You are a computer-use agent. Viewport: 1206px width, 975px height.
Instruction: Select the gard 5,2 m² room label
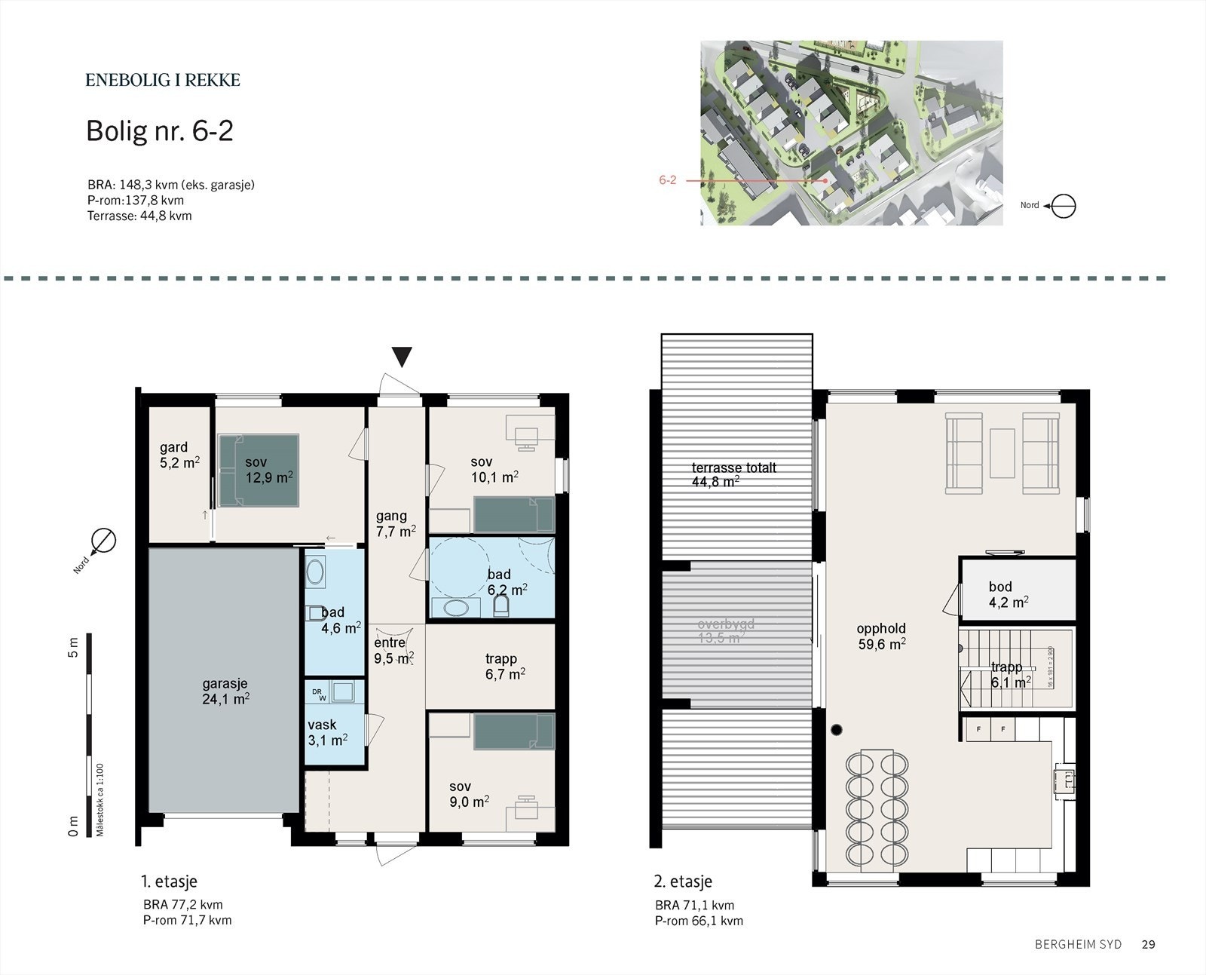[179, 455]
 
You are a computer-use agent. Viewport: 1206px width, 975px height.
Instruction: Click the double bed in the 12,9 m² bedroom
[259, 469]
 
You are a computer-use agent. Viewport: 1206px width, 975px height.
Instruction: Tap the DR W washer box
[320, 693]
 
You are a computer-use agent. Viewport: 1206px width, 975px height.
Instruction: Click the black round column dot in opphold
[837, 729]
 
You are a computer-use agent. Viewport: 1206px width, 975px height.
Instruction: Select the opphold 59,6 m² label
[881, 636]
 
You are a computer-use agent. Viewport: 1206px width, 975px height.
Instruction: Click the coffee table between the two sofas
[1002, 452]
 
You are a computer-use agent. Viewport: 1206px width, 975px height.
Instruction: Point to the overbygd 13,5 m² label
[724, 630]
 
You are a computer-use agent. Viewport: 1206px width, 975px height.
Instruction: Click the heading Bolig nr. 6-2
[160, 131]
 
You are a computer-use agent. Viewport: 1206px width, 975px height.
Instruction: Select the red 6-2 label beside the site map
[667, 180]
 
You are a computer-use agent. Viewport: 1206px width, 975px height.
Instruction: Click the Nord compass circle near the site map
[1064, 206]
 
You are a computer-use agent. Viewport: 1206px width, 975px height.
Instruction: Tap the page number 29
[1148, 944]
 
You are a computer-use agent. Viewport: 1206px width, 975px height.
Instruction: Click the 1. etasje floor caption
[169, 881]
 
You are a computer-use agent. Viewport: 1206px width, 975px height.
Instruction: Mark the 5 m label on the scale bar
[73, 647]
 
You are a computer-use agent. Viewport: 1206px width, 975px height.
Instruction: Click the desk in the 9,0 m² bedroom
[527, 808]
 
